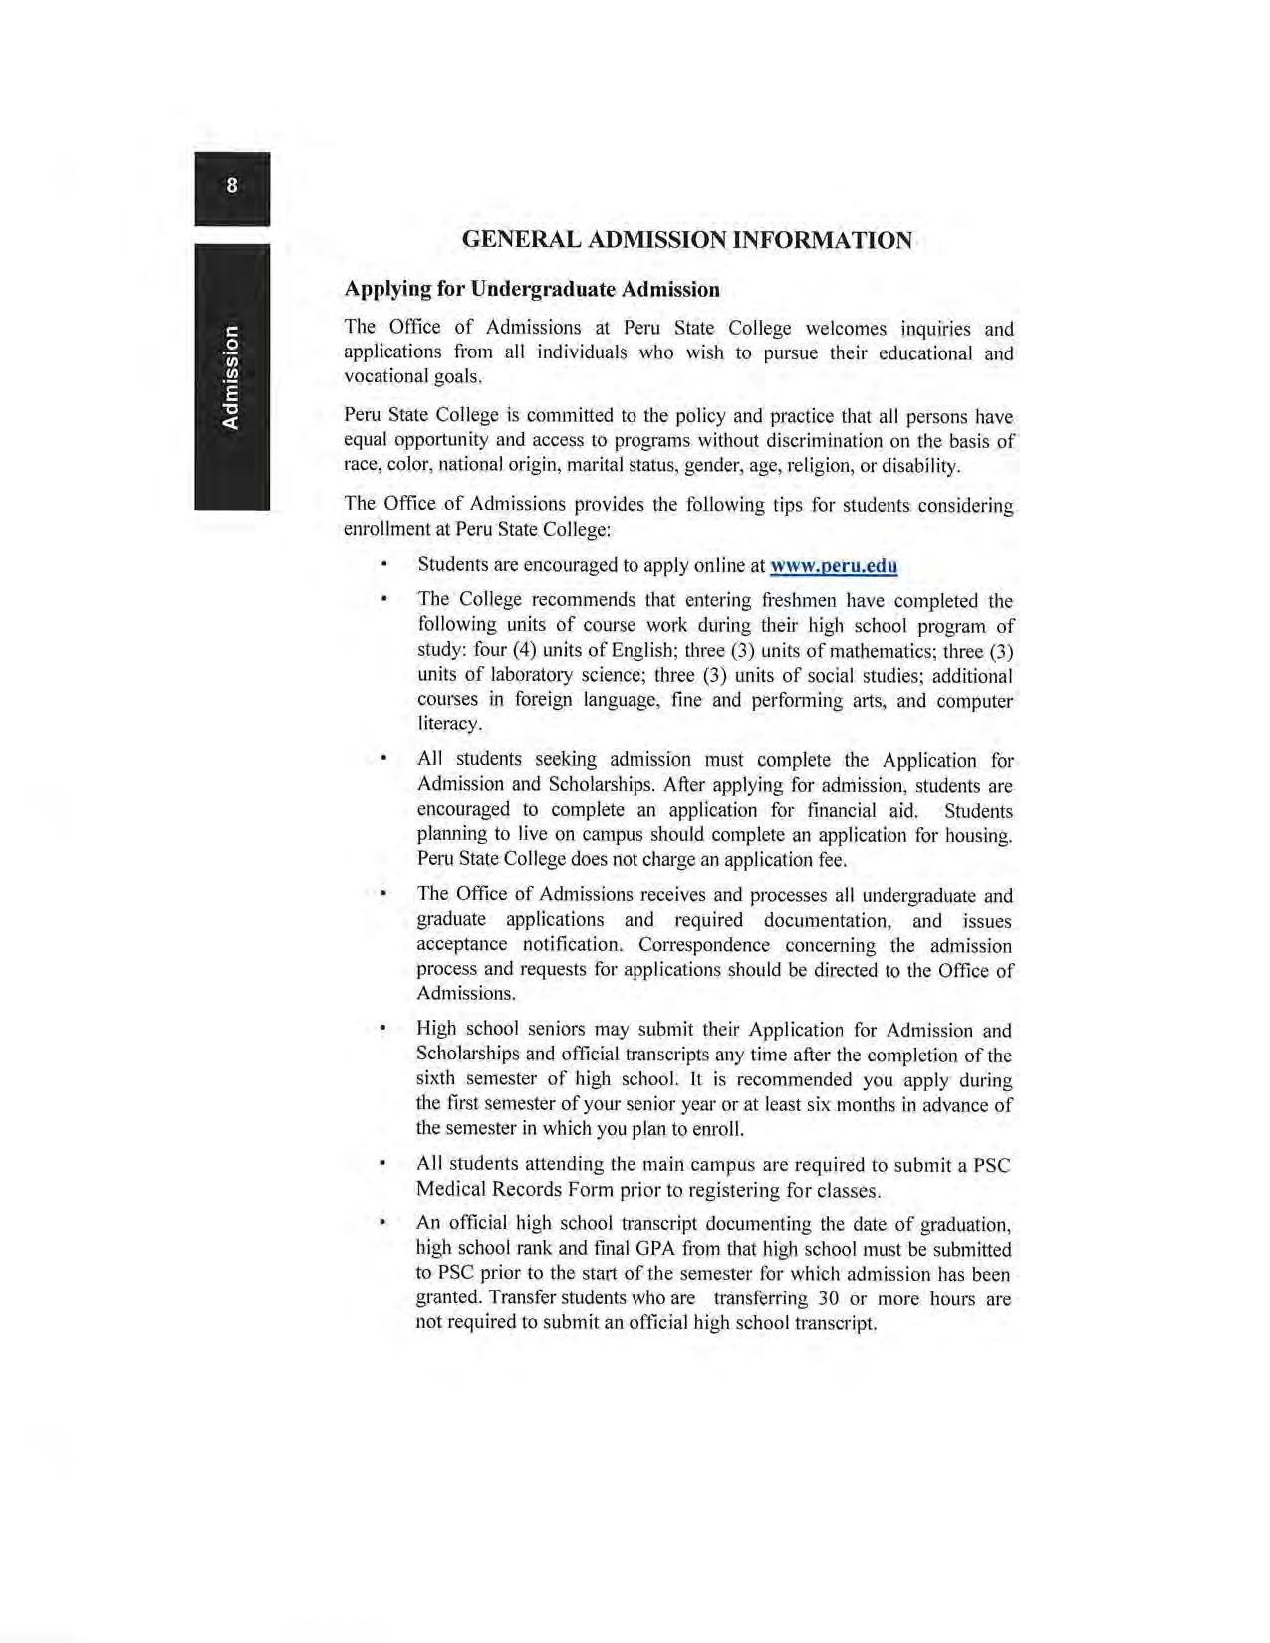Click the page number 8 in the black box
pyautogui.click(x=232, y=185)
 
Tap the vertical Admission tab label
pyautogui.click(x=231, y=376)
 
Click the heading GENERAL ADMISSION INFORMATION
pyautogui.click(x=687, y=240)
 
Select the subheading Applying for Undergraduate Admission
pyautogui.click(x=531, y=290)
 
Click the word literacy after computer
pyautogui.click(x=449, y=724)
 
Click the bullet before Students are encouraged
pyautogui.click(x=383, y=565)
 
